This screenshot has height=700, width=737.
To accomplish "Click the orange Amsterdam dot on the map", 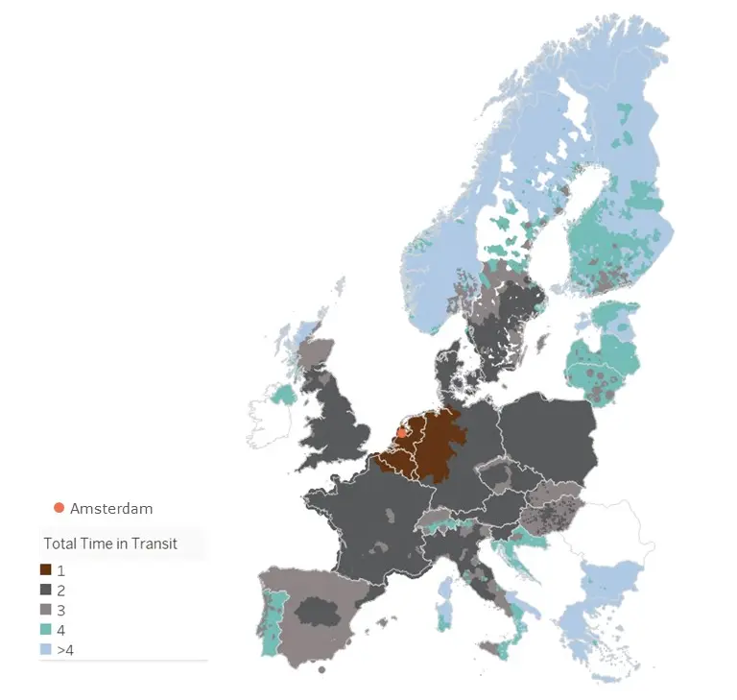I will [401, 432].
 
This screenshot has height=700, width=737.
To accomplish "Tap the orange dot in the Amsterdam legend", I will [59, 508].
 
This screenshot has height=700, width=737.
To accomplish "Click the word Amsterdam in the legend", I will [111, 508].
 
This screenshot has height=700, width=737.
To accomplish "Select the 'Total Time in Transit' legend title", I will [110, 543].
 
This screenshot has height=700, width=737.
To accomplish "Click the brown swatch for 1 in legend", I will [46, 569].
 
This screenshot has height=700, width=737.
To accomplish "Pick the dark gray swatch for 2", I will [46, 590].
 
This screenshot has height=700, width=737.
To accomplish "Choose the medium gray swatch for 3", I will [46, 610].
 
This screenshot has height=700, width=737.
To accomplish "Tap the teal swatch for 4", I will [46, 630].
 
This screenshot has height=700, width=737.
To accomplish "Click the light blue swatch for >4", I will [46, 650].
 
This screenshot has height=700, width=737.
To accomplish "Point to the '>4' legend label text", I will [66, 650].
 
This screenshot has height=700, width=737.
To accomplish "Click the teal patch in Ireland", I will [282, 395].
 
